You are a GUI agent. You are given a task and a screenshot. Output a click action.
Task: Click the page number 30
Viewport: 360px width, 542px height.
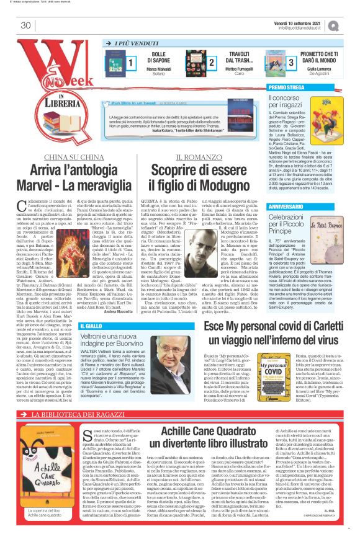coord(25,25)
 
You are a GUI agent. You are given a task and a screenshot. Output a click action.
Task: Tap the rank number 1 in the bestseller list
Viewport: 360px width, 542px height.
coord(131,62)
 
